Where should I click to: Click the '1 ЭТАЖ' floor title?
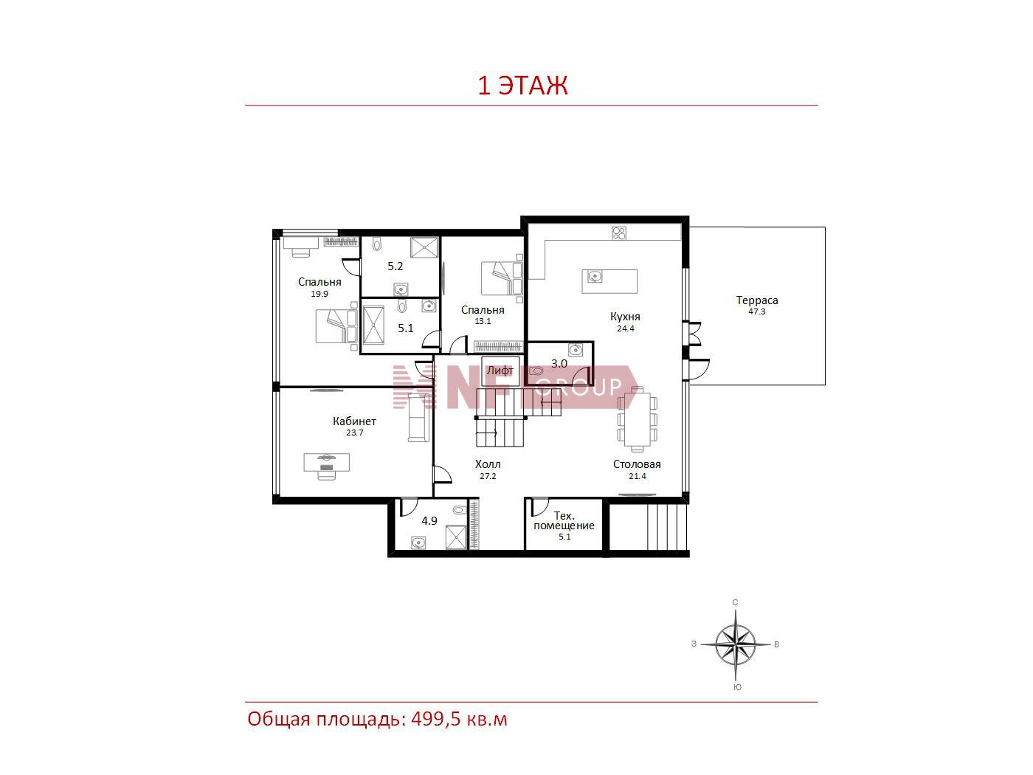pos(522,85)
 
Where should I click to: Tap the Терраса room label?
pos(757,300)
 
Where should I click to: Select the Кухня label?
pos(625,317)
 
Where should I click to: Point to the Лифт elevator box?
pos(500,371)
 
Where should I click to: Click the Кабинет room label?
pos(354,421)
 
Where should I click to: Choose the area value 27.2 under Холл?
pos(488,476)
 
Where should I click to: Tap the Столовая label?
pos(637,464)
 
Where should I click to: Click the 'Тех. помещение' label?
pos(564,521)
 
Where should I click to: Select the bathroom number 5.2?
pos(395,266)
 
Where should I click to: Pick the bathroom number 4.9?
pos(429,521)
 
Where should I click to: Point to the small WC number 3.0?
pos(559,363)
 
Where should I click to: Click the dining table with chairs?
pos(638,419)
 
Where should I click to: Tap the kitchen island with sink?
pos(609,281)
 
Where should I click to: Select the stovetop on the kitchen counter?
pos(619,233)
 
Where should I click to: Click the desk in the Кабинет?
pos(327,462)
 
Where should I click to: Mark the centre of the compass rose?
pos(735,644)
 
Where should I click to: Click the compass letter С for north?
pos(735,602)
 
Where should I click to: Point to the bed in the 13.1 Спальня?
pos(502,278)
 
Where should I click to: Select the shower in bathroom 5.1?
pos(373,326)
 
